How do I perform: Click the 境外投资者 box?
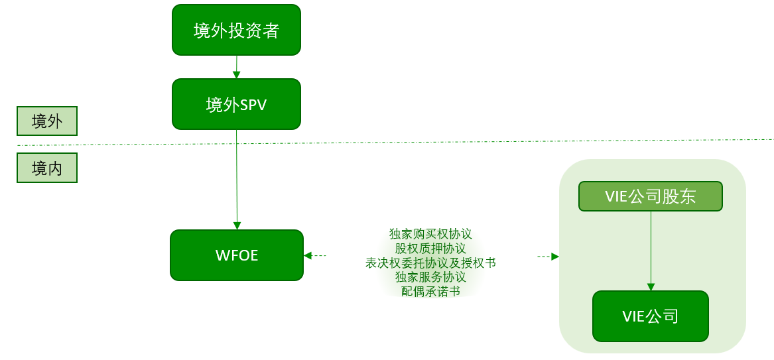[x=236, y=30]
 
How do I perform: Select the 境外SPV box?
[x=236, y=104]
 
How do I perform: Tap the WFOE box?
[x=236, y=255]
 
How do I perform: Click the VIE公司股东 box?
[x=650, y=196]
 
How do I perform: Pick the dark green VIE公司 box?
[x=650, y=316]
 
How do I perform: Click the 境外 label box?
[x=47, y=121]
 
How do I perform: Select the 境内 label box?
[x=47, y=168]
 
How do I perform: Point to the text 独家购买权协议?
[x=430, y=234]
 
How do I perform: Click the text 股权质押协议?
[x=430, y=249]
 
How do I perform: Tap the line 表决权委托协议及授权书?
[x=430, y=263]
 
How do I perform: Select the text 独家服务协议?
[x=430, y=277]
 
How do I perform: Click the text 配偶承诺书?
[x=430, y=291]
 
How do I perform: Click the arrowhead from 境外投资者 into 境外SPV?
[x=237, y=75]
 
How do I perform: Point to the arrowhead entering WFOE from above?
[x=237, y=225]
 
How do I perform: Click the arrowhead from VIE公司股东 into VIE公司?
[x=651, y=287]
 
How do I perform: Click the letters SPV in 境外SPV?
[x=253, y=105]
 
